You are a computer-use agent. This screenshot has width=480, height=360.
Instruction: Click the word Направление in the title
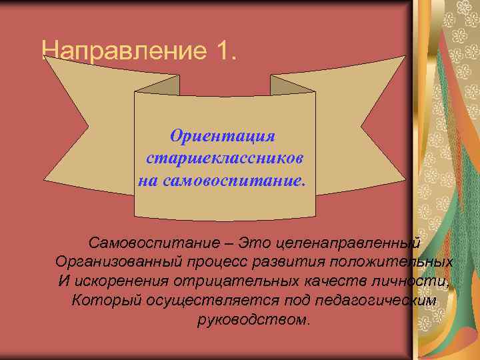click(124, 51)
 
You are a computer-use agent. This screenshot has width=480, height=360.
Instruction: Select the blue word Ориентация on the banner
click(223, 136)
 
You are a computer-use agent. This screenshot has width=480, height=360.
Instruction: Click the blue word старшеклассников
click(225, 158)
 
